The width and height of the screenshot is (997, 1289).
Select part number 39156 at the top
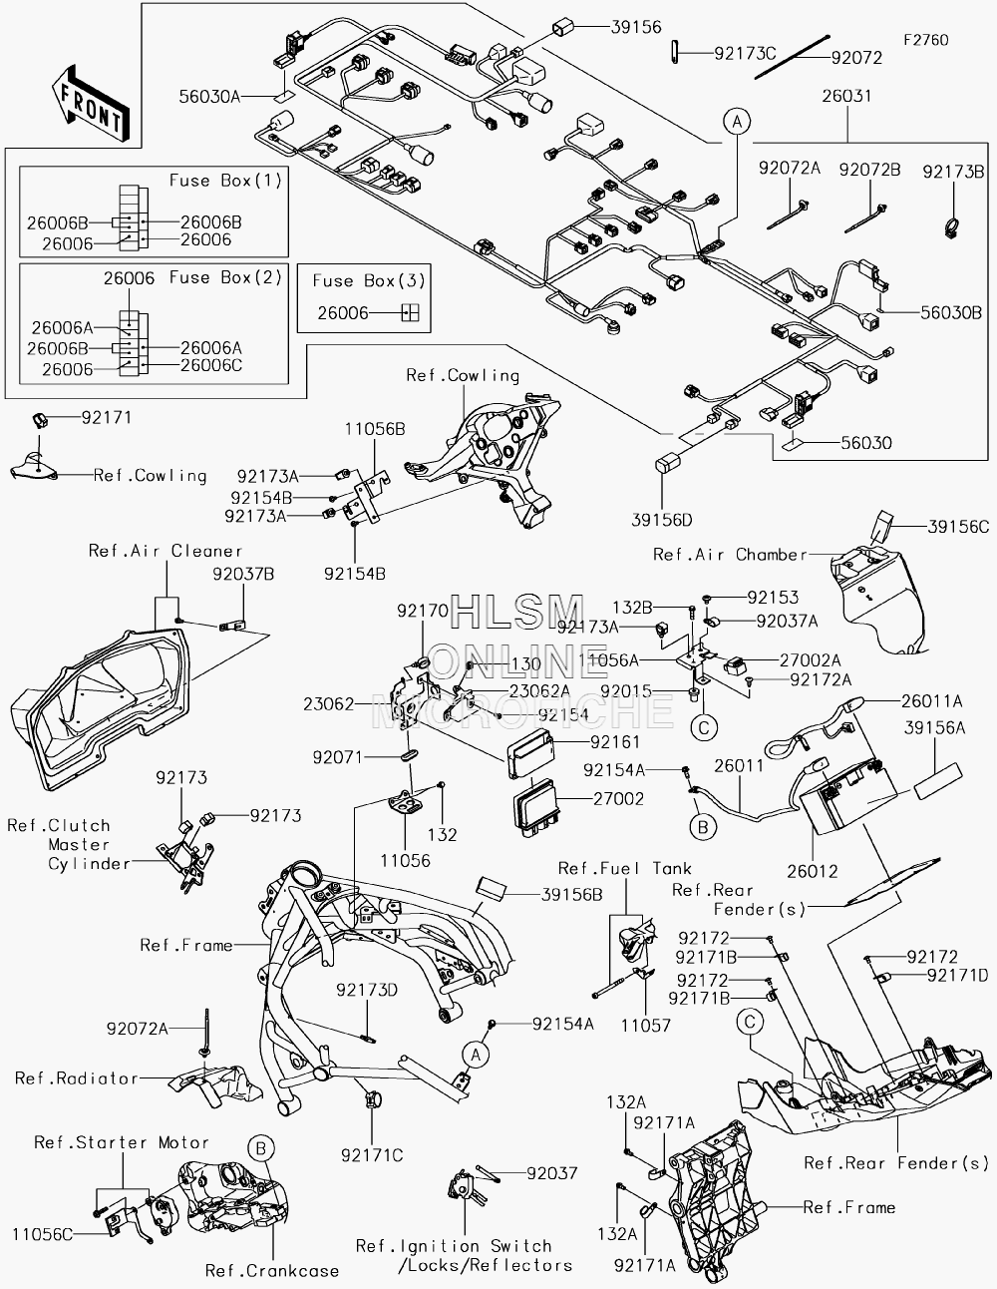pos(637,27)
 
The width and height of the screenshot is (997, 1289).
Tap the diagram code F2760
pos(926,40)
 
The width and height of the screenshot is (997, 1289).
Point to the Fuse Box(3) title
pos(369,280)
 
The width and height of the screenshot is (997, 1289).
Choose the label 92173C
pos(745,54)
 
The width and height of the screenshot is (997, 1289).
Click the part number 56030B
pos(951,312)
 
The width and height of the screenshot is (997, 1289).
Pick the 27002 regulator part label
pos(618,798)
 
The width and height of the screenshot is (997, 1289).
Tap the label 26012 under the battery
pos(813,871)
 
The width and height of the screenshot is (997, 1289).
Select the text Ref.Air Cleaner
pos(166,551)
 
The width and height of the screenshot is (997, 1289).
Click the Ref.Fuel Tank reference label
pos(625,868)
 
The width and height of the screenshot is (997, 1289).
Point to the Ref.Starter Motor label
pos(122,1142)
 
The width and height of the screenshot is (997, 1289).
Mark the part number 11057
pos(645,1025)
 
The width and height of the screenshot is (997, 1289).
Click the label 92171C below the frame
pos(372,1155)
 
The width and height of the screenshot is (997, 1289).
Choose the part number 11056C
pos(43,1234)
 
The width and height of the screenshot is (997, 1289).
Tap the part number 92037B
pos(243,575)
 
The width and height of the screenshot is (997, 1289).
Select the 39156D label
pos(661,520)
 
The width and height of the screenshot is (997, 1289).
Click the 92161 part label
pos(615,742)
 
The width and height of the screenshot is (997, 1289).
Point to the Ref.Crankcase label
pos(272,1271)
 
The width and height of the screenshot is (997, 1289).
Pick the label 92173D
pos(367,990)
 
